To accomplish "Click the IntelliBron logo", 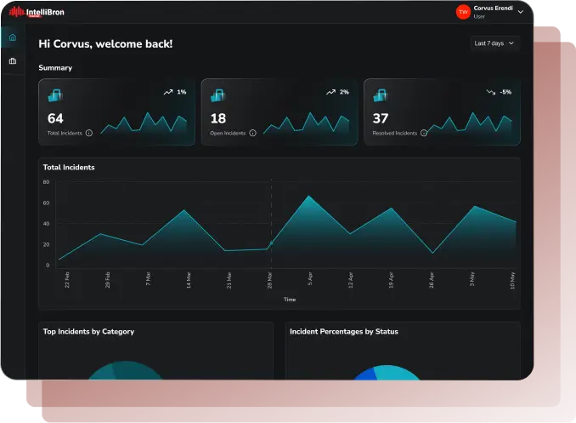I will pyautogui.click(x=37, y=12).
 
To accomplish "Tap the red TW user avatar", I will pyautogui.click(x=463, y=12).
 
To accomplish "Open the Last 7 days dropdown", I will pyautogui.click(x=494, y=43).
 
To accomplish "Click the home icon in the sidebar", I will pyautogui.click(x=12, y=37).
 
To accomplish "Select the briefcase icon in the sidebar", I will pyautogui.click(x=12, y=61).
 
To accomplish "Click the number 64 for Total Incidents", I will pyautogui.click(x=55, y=119).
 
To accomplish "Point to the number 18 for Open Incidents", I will pyautogui.click(x=218, y=119).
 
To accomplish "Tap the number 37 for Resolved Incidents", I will pyautogui.click(x=381, y=119).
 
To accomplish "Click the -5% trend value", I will pyautogui.click(x=505, y=92).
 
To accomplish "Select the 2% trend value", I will pyautogui.click(x=344, y=92).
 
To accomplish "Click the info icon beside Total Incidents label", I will pyautogui.click(x=89, y=134).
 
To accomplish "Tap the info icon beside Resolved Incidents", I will pyautogui.click(x=423, y=134).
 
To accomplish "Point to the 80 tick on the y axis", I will pyautogui.click(x=47, y=182).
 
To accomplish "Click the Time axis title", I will pyautogui.click(x=290, y=300).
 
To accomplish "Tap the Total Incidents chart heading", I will pyautogui.click(x=69, y=168).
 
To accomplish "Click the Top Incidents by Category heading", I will pyautogui.click(x=88, y=332).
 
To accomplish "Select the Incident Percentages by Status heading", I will pyautogui.click(x=344, y=332).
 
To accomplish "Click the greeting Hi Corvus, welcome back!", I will pyautogui.click(x=105, y=43).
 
